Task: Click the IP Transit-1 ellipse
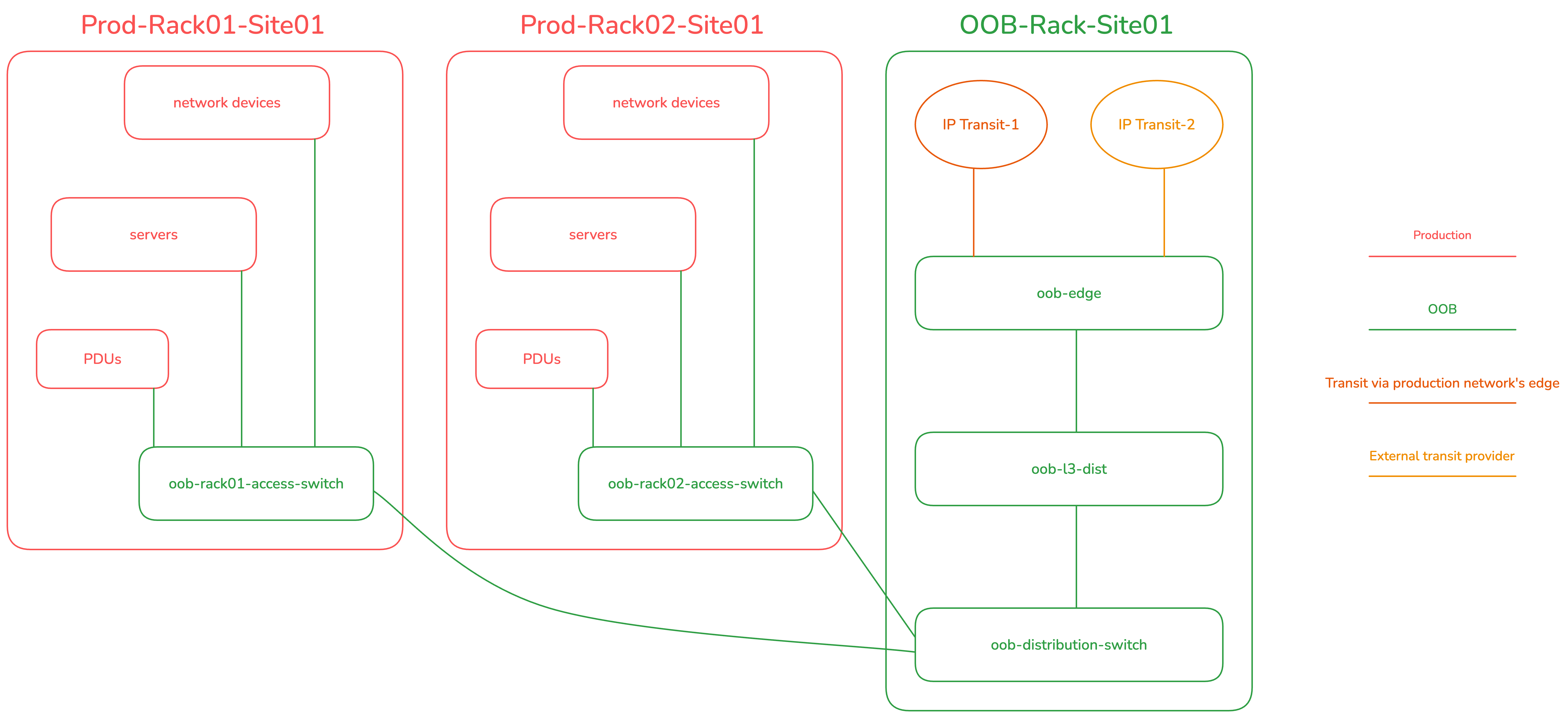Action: pos(980,125)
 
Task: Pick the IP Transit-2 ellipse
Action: pos(1156,125)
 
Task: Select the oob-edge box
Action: pos(1069,293)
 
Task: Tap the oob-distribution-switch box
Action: pos(1069,645)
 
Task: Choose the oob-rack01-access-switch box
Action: pos(256,484)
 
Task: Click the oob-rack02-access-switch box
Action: pos(695,484)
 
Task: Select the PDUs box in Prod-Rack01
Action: pos(102,359)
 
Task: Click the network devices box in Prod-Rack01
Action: pos(227,103)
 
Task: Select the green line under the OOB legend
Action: pos(1442,330)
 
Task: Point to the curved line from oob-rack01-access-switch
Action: pos(547,609)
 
